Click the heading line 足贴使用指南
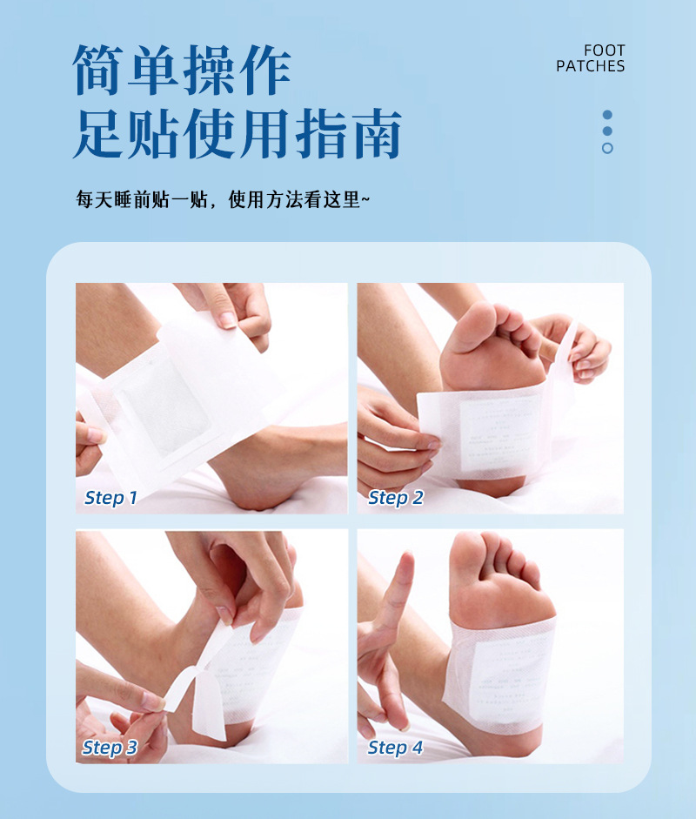click(237, 134)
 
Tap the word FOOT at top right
click(604, 51)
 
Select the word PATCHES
click(590, 66)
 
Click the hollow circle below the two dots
click(607, 148)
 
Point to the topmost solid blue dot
click(607, 115)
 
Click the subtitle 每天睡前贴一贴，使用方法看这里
click(223, 200)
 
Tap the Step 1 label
click(110, 499)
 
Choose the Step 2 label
click(395, 499)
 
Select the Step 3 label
click(110, 748)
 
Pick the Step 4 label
click(395, 748)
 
